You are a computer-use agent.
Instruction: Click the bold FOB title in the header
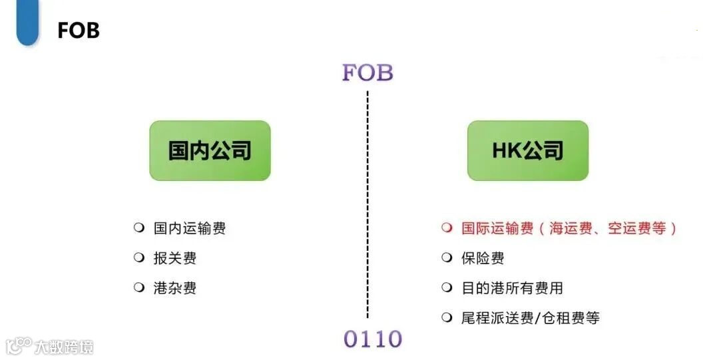pos(79,31)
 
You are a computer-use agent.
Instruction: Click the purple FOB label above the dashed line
pos(367,73)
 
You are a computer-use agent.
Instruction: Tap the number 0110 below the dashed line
pos(373,339)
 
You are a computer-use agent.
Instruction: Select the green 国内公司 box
pos(210,150)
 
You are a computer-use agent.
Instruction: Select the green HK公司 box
pos(528,150)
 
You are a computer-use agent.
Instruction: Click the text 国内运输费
pos(190,229)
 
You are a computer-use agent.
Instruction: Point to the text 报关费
pos(175,258)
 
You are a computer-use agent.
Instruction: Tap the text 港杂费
pos(175,288)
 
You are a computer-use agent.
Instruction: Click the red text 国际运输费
pos(497,229)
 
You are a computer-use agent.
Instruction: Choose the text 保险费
pos(483,258)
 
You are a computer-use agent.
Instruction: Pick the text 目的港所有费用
pos(512,288)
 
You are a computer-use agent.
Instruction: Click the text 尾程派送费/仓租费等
pos(530,318)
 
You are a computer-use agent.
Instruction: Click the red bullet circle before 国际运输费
pos(447,228)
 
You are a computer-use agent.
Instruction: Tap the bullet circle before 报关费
pos(139,258)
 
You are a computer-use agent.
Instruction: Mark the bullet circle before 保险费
pos(447,258)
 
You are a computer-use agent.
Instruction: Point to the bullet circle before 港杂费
pos(139,287)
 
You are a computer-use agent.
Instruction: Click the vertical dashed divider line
pos(367,200)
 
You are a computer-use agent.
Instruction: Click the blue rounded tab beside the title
pos(28,23)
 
